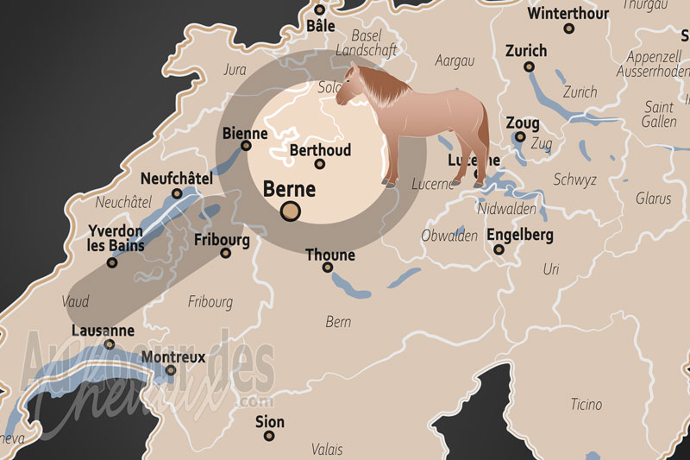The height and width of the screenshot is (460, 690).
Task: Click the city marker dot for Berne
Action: [x=292, y=211]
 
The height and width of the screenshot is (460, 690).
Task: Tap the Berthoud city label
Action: [x=320, y=150]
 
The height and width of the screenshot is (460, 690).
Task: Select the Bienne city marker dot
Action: [x=246, y=146]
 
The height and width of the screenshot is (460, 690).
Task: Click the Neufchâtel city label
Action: [x=176, y=179]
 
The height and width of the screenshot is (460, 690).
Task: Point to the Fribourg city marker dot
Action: [x=226, y=253]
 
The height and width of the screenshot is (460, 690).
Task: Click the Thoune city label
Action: [x=330, y=255]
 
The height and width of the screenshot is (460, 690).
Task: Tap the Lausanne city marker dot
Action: [x=110, y=344]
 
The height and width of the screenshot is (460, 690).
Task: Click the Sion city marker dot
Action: [x=269, y=436]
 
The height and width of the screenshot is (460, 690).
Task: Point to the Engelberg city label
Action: [x=520, y=235]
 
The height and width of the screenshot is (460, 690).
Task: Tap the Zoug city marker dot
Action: [x=519, y=136]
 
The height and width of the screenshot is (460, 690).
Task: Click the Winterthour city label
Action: [x=568, y=14]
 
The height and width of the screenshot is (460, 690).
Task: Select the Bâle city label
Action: [x=320, y=26]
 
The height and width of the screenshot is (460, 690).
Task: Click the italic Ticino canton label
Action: [x=586, y=405]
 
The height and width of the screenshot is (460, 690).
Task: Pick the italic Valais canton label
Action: [x=328, y=449]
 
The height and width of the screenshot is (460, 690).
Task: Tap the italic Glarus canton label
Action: [x=653, y=198]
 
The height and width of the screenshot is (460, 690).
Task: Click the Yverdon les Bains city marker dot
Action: [x=111, y=262]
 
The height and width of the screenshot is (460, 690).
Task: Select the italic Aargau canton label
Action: [x=455, y=60]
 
